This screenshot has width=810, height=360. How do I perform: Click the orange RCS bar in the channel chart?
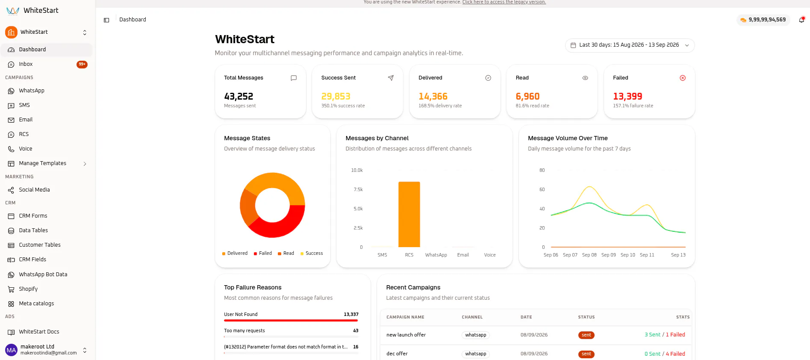pos(409,214)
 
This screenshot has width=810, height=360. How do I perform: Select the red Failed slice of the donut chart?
pos(282,224)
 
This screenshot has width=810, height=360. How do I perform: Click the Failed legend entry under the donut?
pos(262,253)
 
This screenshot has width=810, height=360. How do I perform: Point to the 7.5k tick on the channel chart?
pos(358,189)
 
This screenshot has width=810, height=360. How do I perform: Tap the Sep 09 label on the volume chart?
pos(608,255)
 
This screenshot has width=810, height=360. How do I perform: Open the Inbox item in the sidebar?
pos(26,64)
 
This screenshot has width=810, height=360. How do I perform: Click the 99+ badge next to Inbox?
pos(82,65)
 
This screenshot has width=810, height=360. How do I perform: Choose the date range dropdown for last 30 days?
pos(630,45)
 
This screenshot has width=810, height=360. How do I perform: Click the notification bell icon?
pos(801,20)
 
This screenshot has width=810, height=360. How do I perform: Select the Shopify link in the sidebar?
pos(28,289)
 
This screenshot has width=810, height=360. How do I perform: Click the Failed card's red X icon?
pos(683,78)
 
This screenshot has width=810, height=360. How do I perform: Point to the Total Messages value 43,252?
pos(239,96)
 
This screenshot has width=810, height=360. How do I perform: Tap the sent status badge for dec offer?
pos(586,354)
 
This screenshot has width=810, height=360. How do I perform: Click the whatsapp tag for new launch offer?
pos(476,335)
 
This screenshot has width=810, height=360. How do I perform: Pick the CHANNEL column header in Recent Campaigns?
pos(472,317)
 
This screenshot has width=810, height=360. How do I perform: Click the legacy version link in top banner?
pos(504,2)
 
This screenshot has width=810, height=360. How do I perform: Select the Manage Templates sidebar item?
pos(43,163)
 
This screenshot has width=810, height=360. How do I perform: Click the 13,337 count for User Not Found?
pos(351,314)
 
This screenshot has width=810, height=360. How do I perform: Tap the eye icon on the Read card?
pos(585,78)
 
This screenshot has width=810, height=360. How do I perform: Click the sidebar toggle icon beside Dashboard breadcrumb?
pos(106,20)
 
